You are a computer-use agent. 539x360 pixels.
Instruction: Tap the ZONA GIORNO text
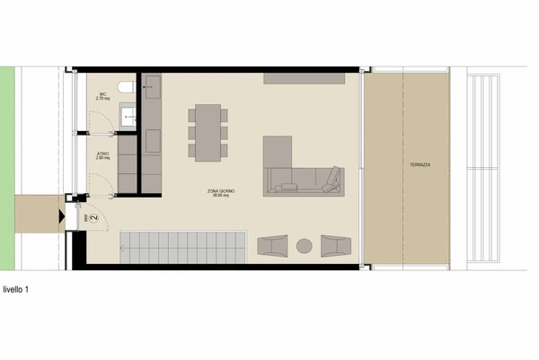215,192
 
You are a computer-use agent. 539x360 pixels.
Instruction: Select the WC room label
102,94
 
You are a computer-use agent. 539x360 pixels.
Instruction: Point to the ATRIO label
103,156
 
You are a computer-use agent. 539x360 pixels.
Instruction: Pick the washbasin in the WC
128,115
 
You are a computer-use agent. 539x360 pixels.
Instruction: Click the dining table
208,132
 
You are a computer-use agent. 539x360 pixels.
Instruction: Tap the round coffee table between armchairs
305,244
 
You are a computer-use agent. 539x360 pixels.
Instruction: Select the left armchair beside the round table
272,244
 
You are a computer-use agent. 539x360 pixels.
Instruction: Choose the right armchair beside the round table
335,244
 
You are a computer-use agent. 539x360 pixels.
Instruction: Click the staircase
183,245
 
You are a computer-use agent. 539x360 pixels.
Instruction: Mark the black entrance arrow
60,215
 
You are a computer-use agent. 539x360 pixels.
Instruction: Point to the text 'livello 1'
17,289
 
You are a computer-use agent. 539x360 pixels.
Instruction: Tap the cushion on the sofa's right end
332,178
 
